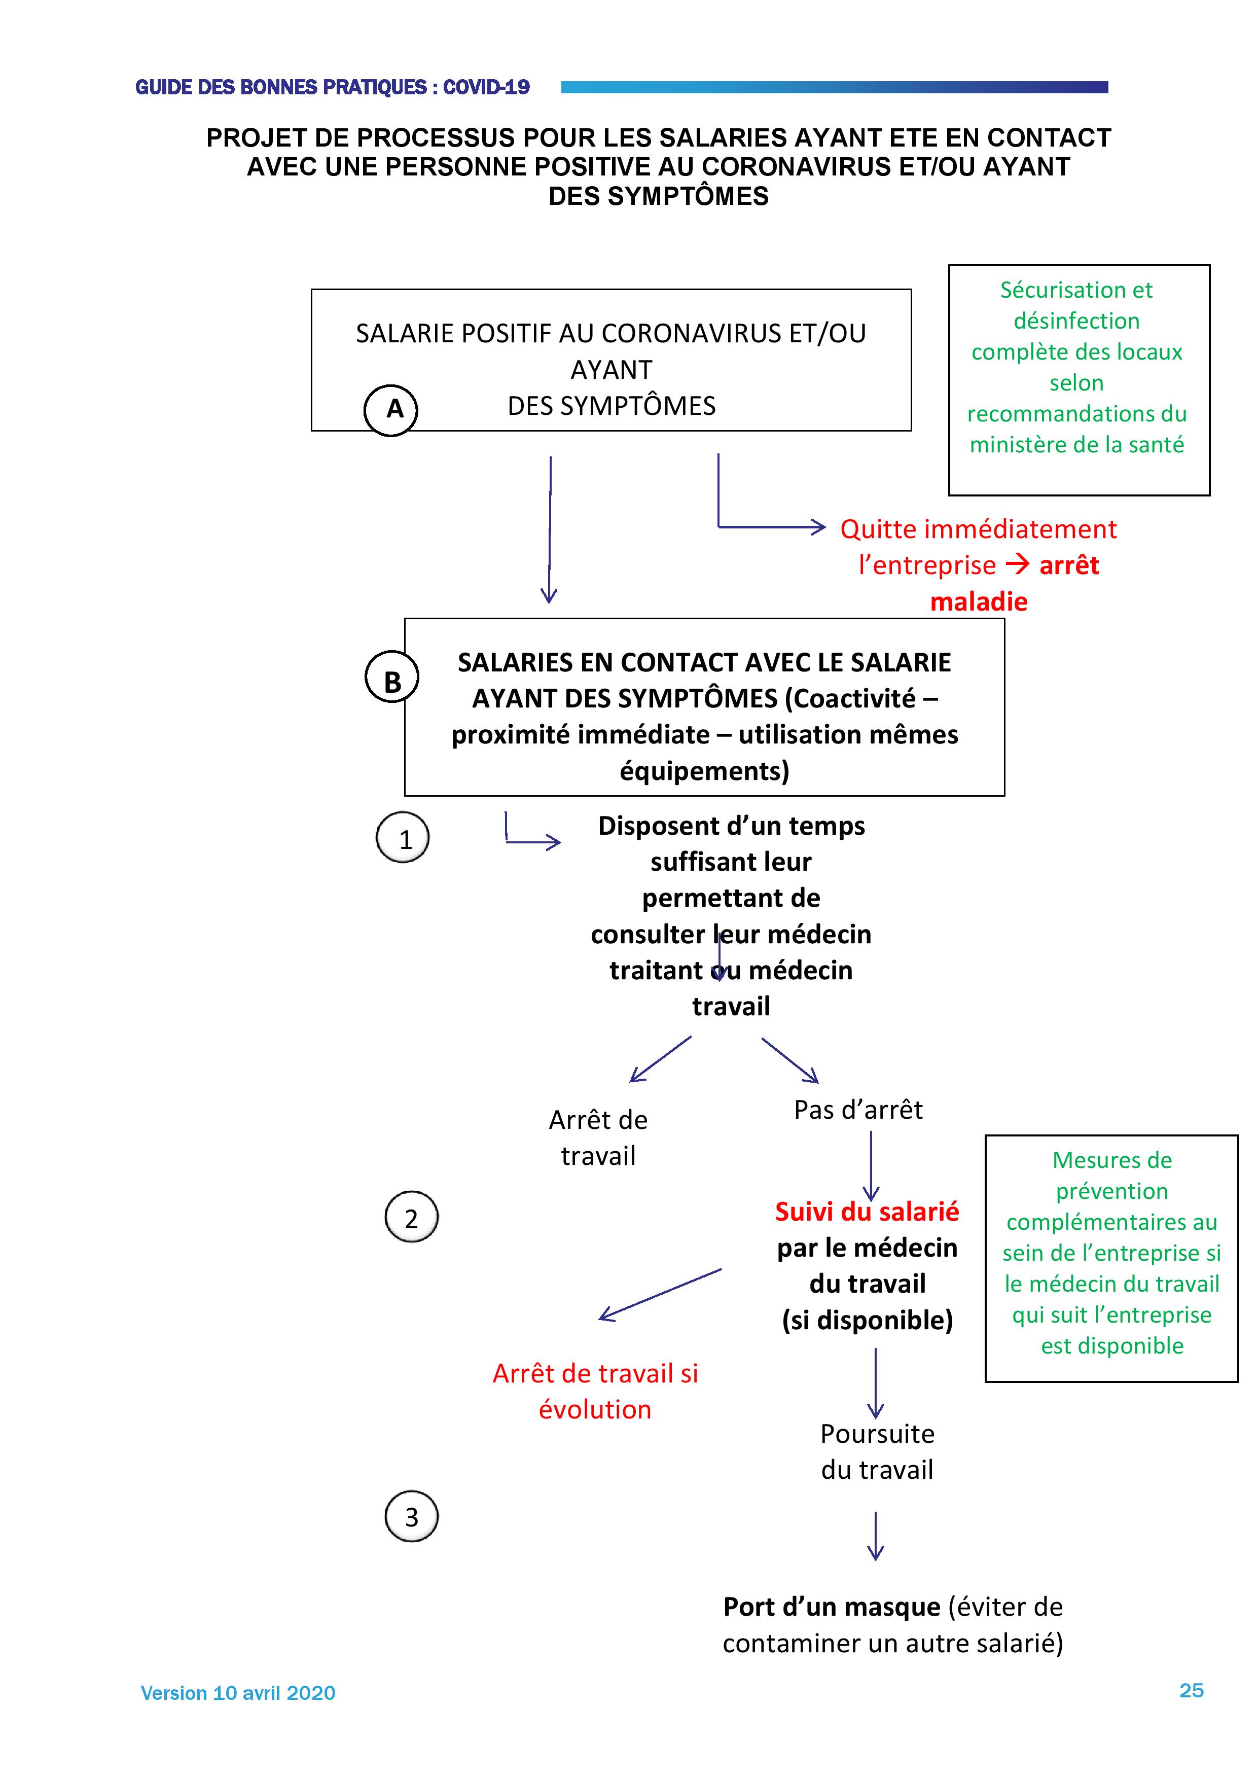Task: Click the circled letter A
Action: (x=391, y=409)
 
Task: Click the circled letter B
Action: (x=392, y=677)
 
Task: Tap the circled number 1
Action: (x=403, y=838)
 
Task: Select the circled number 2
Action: (x=411, y=1217)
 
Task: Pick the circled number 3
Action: (x=411, y=1516)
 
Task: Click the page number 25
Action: (x=1192, y=1690)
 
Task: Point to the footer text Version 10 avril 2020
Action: (x=238, y=1693)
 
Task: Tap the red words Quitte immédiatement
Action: (x=978, y=529)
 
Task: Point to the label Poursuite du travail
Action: (x=877, y=1451)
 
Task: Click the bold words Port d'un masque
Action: (x=831, y=1606)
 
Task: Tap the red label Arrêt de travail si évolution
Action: (x=595, y=1391)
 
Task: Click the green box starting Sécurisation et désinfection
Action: (x=1079, y=380)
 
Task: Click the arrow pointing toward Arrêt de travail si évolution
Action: (x=660, y=1294)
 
